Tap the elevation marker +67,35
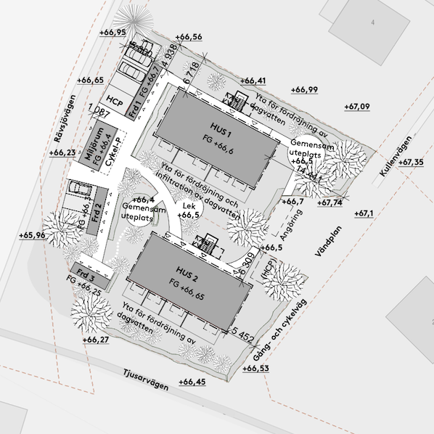tap(412, 162)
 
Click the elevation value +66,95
tap(112, 33)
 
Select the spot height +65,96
tap(31, 235)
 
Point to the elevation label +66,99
tap(305, 89)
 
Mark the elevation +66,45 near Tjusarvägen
tap(192, 382)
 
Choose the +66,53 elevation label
tap(256, 369)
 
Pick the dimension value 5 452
tap(240, 334)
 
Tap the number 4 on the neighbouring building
tap(372, 23)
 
